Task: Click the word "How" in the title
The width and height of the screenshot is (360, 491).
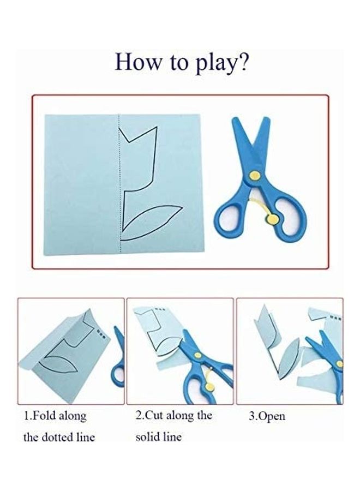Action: click(x=137, y=61)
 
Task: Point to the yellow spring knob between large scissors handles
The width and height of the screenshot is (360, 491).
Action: click(x=273, y=219)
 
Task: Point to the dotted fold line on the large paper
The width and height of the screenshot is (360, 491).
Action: click(x=119, y=183)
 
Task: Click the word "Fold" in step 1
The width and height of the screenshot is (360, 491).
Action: click(x=44, y=416)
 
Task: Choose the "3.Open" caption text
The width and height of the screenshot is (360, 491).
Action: click(x=267, y=416)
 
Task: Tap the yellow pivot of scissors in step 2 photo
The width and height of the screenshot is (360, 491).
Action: click(x=197, y=355)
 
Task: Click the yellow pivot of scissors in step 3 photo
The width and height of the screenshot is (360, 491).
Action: click(x=339, y=363)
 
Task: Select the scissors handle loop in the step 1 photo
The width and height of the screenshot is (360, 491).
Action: click(x=118, y=374)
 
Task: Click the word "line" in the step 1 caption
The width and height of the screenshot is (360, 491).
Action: click(x=86, y=437)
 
